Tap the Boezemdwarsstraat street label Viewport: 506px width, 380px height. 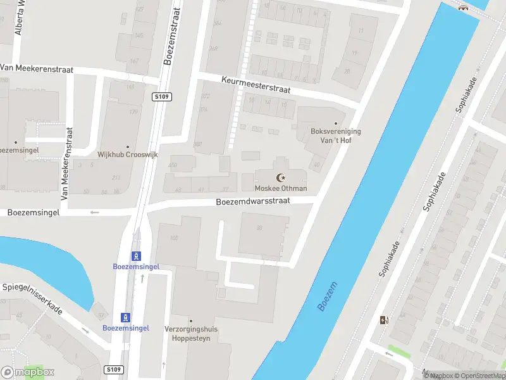253,201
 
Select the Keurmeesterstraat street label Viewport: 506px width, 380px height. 256,85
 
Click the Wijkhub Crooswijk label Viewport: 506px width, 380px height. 127,155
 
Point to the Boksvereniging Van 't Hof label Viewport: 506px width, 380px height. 335,136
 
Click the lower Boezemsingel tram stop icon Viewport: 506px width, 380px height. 125,317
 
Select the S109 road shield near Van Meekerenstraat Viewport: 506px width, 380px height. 162,97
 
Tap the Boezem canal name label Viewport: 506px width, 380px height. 328,296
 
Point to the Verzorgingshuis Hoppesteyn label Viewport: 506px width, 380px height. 190,333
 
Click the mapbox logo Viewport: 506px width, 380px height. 28,372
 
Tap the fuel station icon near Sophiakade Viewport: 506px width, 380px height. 383,320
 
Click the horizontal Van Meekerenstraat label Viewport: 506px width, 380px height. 37,69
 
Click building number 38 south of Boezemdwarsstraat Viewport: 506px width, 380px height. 259,228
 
